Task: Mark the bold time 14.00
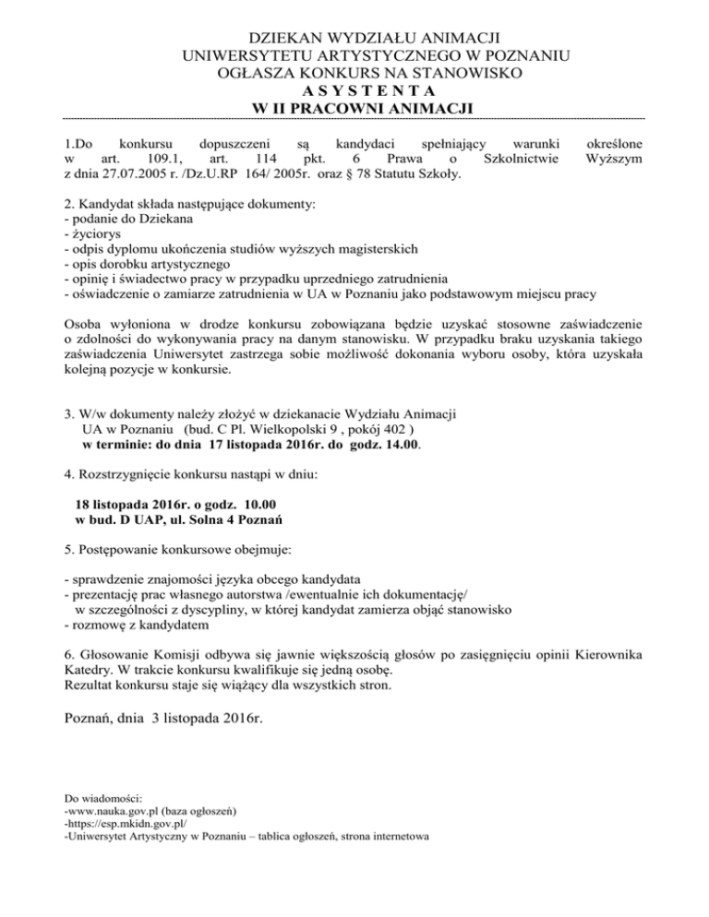click(x=402, y=445)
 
